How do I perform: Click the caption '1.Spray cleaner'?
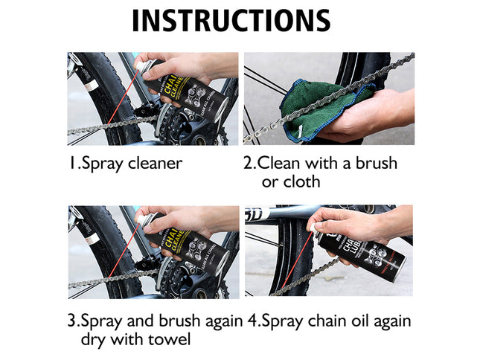coord(125,164)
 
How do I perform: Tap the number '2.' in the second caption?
coord(251,164)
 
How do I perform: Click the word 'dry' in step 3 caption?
coord(95,340)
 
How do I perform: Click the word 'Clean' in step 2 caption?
coord(280,164)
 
